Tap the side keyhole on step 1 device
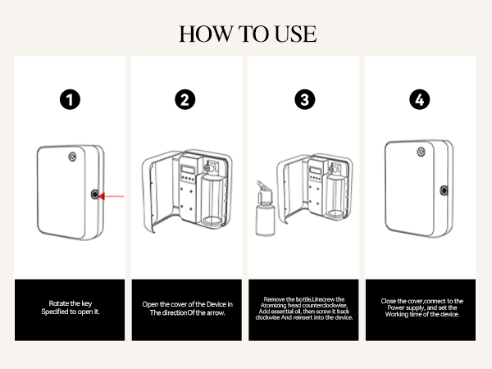(98, 194)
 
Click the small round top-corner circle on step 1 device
(75, 152)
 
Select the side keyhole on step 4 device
(444, 190)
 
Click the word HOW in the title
(202, 34)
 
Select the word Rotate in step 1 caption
(54, 304)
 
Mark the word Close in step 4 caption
(392, 301)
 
